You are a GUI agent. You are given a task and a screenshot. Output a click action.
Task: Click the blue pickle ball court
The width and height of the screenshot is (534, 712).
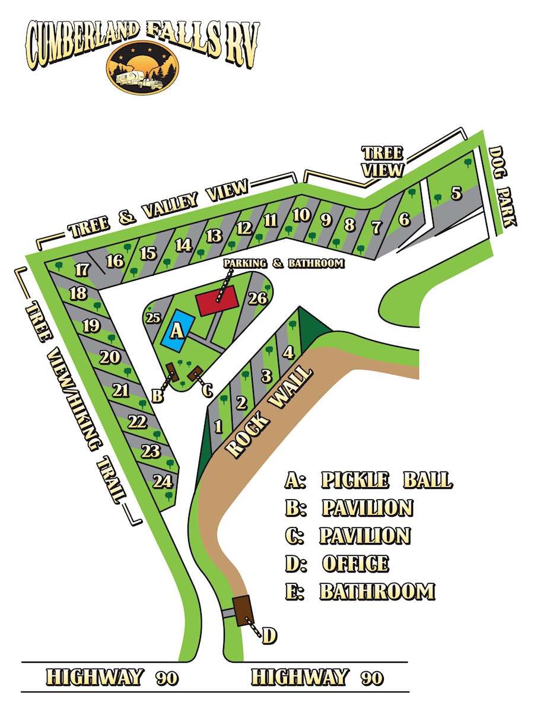point(177,328)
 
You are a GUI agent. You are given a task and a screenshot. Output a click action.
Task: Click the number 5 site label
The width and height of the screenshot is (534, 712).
point(456,193)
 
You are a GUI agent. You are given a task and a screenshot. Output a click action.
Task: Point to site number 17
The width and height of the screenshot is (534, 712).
point(82,270)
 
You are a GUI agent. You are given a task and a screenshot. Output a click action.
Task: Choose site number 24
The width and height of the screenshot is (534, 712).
point(161,481)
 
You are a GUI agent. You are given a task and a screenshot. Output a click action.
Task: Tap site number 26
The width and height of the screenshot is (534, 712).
point(258,298)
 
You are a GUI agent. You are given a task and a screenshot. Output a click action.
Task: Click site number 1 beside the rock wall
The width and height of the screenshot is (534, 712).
point(218,426)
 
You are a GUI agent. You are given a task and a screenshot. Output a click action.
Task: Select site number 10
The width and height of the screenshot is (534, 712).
point(301,215)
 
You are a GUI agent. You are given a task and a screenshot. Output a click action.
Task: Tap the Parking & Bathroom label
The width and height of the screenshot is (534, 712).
point(284,263)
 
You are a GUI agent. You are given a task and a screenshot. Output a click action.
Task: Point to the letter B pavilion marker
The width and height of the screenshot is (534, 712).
point(157,396)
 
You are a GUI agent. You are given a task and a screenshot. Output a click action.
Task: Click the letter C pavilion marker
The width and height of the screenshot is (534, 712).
point(207,390)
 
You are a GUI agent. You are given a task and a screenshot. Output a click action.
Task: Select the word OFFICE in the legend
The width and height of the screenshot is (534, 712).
point(355,564)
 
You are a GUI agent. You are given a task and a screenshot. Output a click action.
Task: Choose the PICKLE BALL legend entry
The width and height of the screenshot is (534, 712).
point(386,480)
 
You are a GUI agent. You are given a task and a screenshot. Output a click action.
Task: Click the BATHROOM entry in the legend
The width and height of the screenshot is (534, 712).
point(377,592)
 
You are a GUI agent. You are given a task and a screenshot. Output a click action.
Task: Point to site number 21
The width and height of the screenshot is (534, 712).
point(121,390)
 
